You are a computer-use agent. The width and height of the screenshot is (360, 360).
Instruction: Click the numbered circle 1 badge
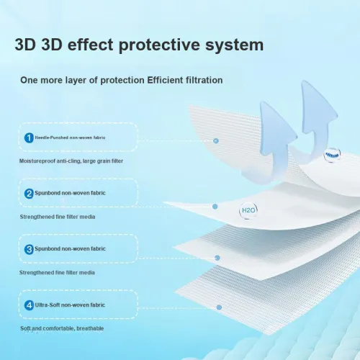coord(29,137)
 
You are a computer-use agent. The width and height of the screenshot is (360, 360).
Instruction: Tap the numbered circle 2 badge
coord(29,193)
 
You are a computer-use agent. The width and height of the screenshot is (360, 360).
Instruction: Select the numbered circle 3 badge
coord(29,249)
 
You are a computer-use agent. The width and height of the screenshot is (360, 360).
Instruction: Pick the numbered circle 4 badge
coord(29,305)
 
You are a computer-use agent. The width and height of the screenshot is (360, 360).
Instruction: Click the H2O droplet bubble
coord(248,210)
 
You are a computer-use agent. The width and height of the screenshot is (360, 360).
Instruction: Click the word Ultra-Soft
coord(48,305)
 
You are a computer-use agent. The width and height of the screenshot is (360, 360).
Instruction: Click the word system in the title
coord(234,45)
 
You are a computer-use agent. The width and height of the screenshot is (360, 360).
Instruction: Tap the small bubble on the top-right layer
coord(332,154)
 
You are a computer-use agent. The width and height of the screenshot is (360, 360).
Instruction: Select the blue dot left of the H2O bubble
coord(215,206)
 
